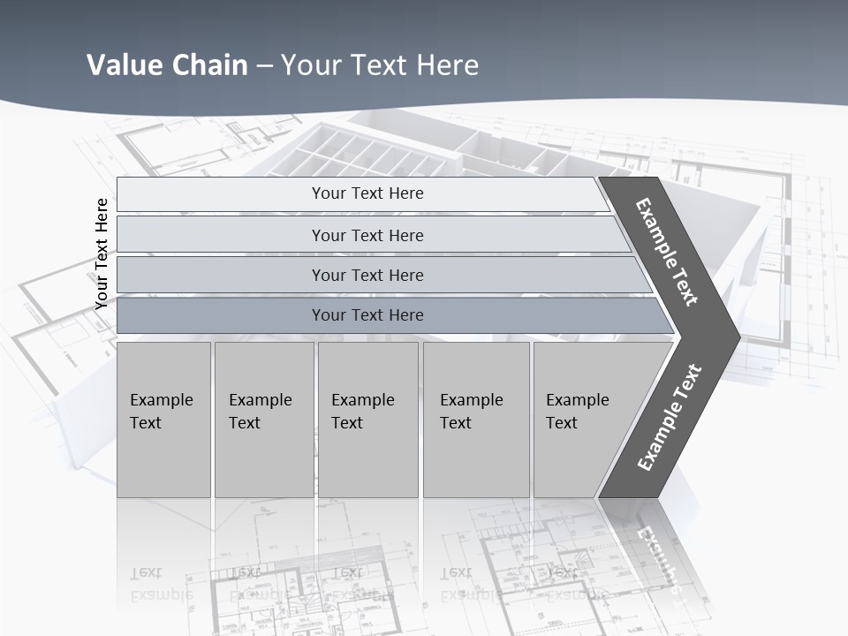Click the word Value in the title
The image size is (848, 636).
[121, 65]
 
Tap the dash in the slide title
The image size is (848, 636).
[264, 66]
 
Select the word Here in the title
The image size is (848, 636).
[447, 65]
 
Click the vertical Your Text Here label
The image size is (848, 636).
[102, 254]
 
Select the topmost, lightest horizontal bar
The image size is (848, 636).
[362, 193]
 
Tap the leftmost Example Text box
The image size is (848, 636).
[163, 419]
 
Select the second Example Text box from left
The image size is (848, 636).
[263, 419]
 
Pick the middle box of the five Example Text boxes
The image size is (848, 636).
[367, 419]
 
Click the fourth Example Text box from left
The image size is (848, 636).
[475, 419]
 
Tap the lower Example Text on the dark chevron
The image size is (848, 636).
[670, 417]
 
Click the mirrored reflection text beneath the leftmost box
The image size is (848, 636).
[162, 584]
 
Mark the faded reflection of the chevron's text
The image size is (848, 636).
[658, 556]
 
